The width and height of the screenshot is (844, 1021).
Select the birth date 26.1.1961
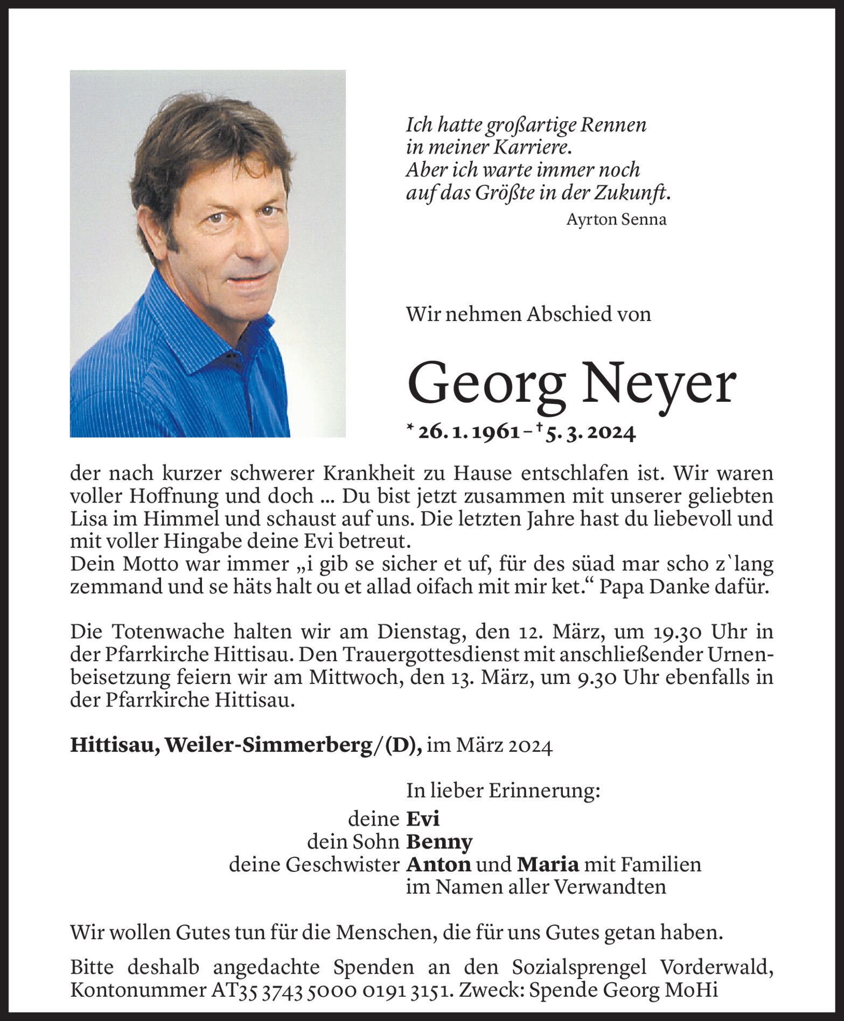click(469, 432)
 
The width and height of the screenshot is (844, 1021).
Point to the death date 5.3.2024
click(590, 432)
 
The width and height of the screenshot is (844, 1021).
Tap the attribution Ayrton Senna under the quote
click(616, 220)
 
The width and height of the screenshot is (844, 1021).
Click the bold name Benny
click(439, 842)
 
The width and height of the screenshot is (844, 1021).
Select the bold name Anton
click(438, 865)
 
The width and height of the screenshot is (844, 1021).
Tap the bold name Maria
click(548, 865)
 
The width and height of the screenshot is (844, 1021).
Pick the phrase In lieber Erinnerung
click(503, 791)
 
